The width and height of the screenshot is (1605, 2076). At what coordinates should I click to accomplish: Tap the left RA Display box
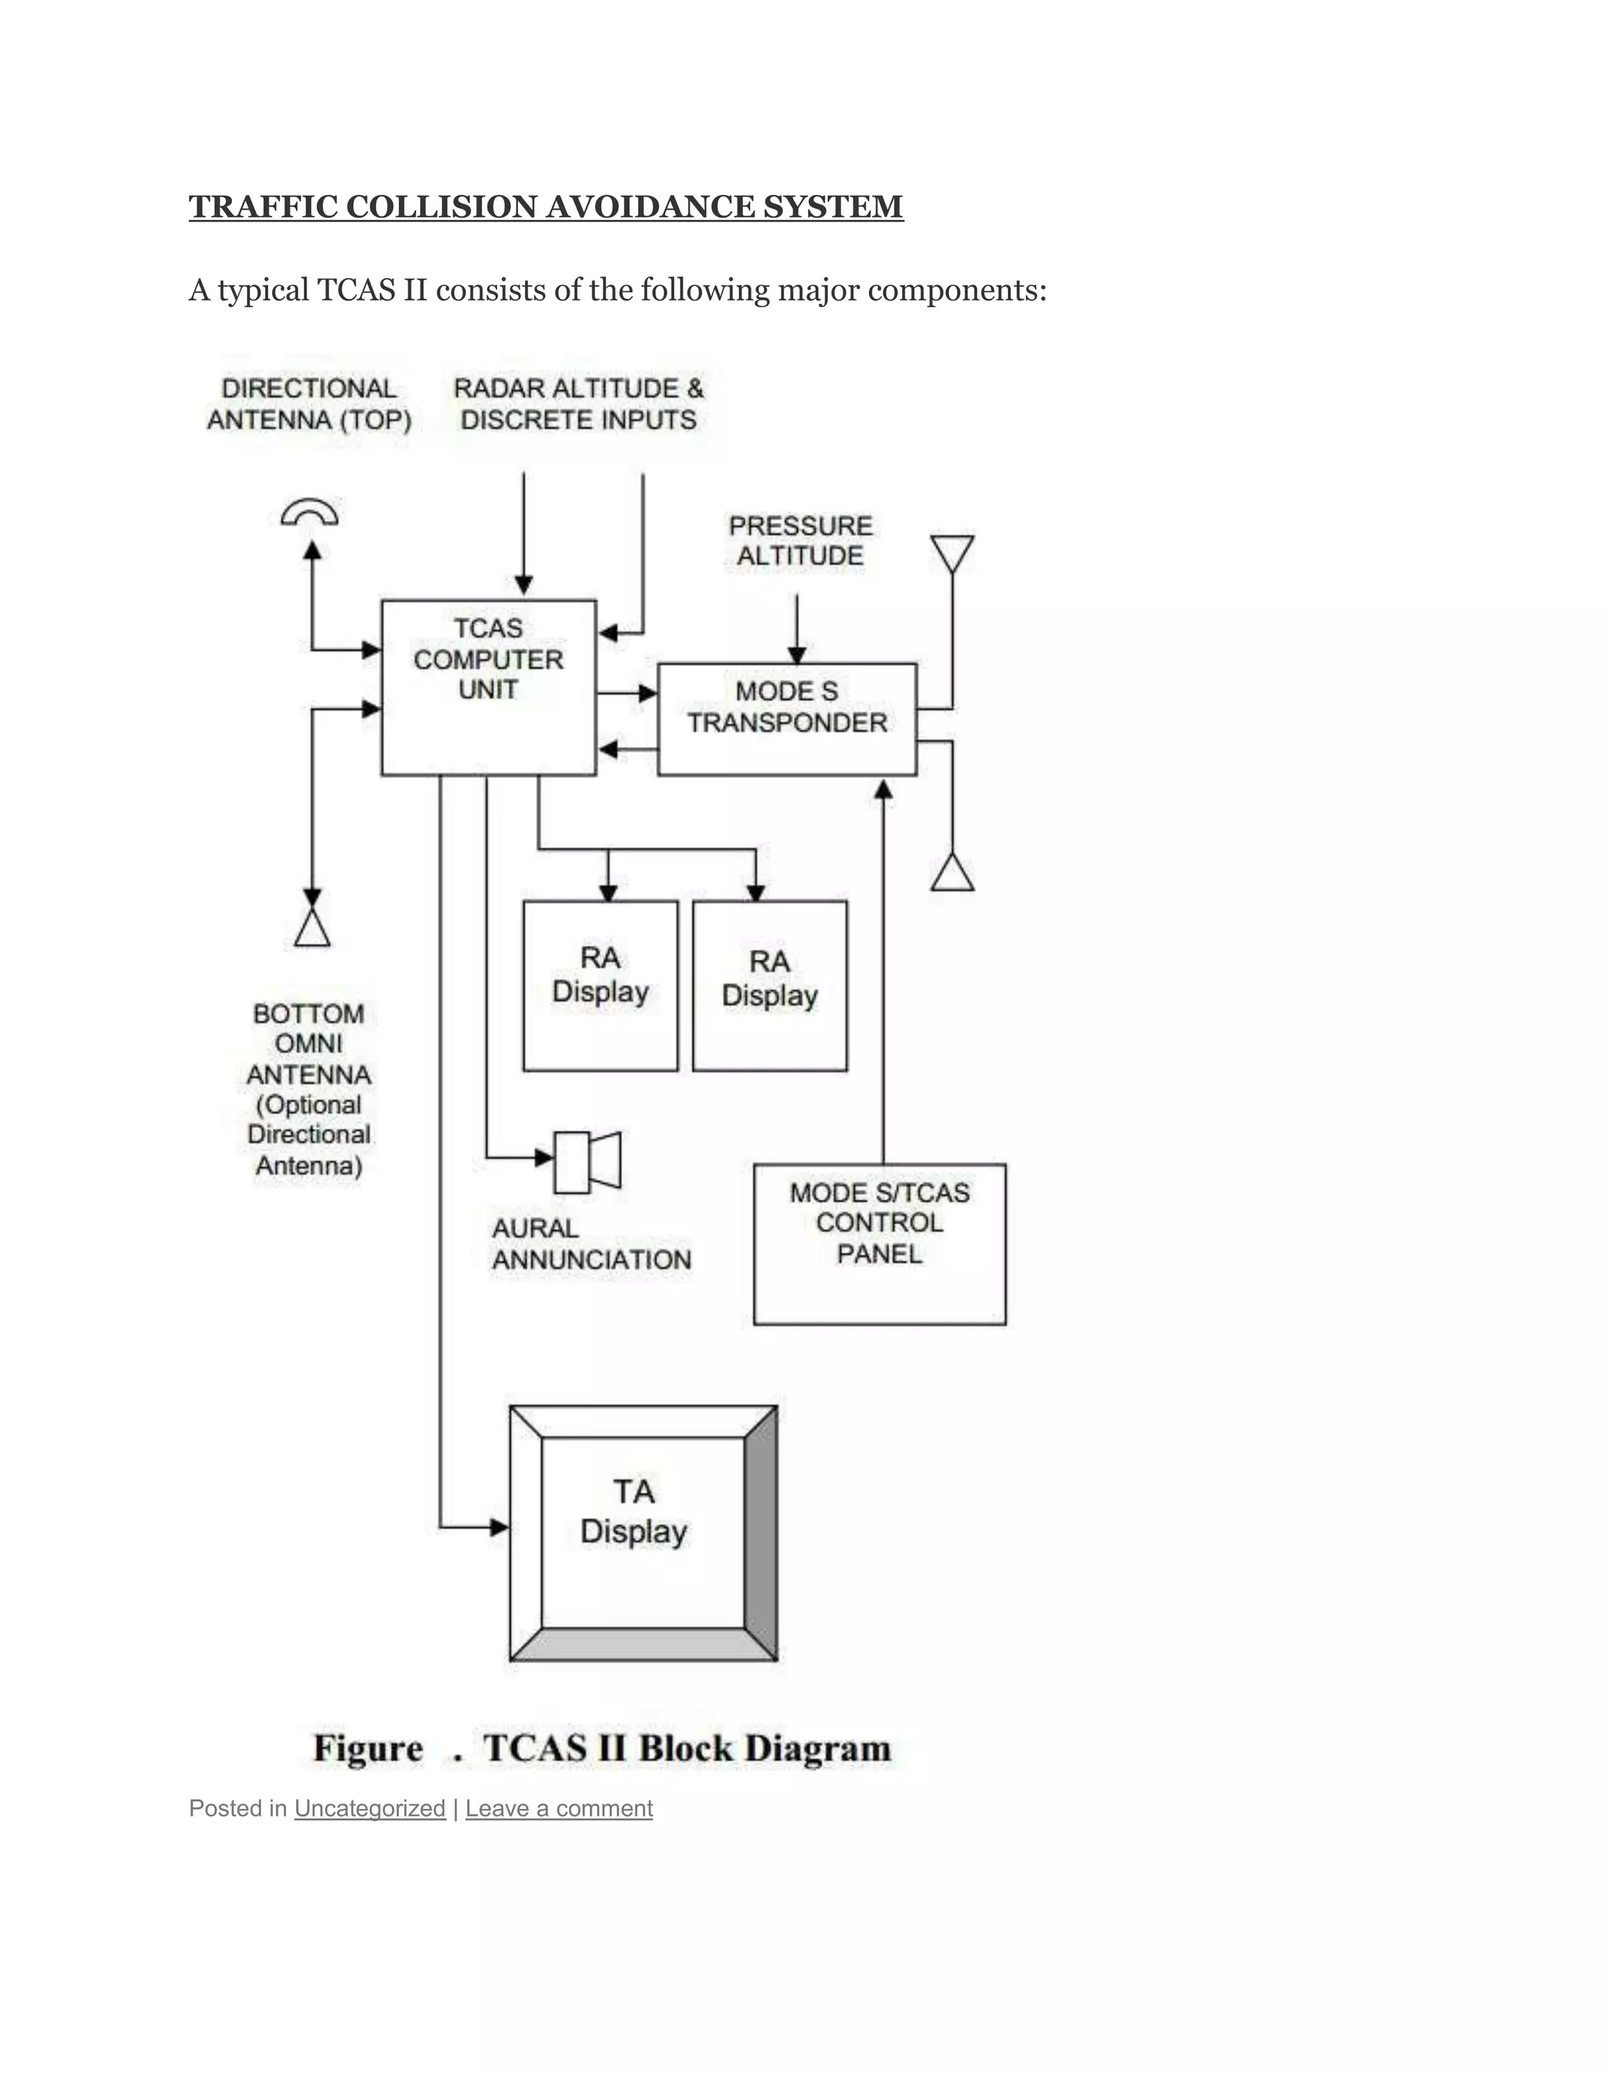600,985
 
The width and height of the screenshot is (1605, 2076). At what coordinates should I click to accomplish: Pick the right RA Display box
770,986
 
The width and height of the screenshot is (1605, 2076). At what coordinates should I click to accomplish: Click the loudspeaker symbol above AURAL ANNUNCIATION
587,1161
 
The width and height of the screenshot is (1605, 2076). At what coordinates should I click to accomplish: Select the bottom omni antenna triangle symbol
312,927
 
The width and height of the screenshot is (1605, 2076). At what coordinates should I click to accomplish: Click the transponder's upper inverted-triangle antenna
951,552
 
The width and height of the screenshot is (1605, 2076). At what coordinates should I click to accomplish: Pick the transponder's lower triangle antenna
951,873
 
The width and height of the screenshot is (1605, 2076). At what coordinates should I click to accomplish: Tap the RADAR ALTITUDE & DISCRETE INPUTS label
578,404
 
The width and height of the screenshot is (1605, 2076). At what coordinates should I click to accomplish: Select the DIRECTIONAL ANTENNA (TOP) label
309,404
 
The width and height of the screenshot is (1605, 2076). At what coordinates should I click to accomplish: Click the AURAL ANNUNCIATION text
590,1243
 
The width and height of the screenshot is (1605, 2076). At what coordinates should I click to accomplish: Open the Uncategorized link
369,1808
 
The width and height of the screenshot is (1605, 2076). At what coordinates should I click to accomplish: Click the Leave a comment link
558,1808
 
